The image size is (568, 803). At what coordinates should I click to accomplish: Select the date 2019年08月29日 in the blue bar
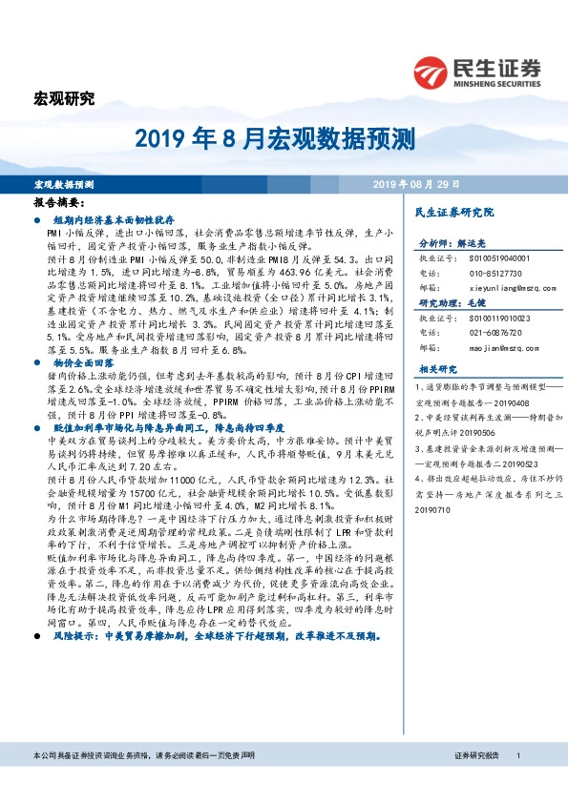(x=415, y=183)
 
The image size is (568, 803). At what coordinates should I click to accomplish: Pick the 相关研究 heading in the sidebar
(x=439, y=367)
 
